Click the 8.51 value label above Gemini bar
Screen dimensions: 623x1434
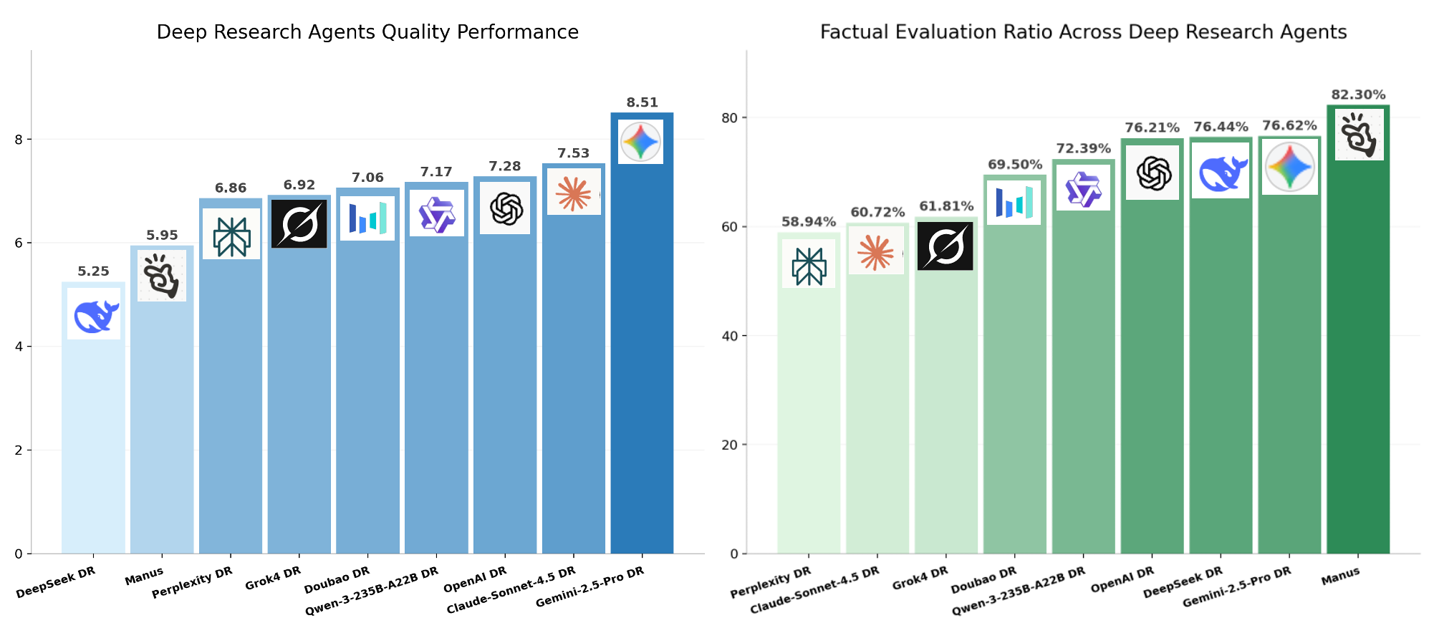642,102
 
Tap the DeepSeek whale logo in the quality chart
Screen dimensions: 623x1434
95,314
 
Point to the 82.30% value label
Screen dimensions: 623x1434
1358,95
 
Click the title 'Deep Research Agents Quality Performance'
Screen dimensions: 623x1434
367,32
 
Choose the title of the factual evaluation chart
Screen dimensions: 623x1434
1083,32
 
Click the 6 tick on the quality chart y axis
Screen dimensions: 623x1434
19,243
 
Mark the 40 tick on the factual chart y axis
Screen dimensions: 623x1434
731,336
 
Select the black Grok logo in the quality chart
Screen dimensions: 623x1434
299,223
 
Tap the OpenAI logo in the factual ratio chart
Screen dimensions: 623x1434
1152,173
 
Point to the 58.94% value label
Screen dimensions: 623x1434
809,222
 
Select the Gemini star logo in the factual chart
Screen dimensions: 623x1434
1289,167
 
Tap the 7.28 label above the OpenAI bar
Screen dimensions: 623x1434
505,166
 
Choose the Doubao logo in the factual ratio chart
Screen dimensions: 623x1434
1014,203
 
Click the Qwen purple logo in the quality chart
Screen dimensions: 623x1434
436,213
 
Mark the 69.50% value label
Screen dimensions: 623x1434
1015,165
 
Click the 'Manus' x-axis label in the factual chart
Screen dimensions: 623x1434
1340,576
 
